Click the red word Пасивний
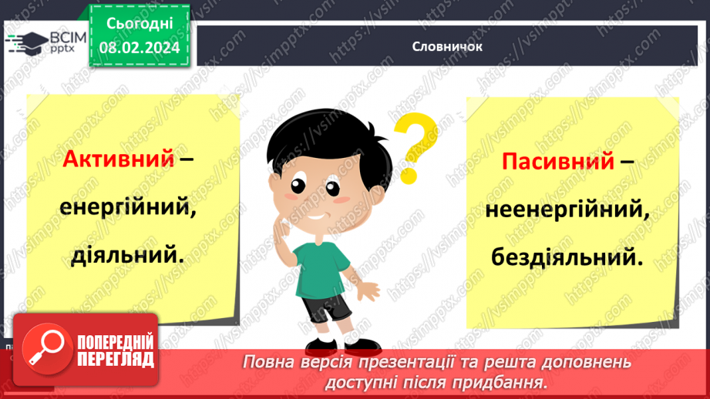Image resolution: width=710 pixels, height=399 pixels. pyautogui.click(x=558, y=162)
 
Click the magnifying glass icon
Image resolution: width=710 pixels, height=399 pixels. pyautogui.click(x=42, y=348)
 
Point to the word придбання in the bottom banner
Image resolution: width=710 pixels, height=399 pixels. pyautogui.click(x=510, y=381)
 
